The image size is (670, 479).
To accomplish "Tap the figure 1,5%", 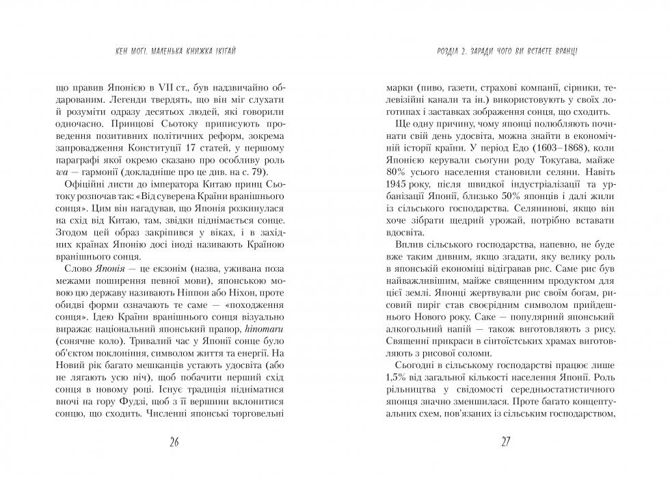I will pyautogui.click(x=398, y=379).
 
